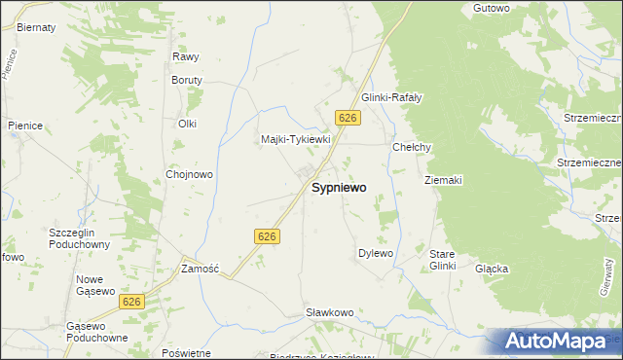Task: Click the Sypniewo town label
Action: [x=339, y=189]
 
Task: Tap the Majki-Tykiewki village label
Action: [x=297, y=139]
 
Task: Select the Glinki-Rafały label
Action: [x=391, y=97]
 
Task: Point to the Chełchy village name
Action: [x=411, y=147]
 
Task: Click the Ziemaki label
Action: [x=443, y=180]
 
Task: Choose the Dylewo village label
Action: [x=376, y=253]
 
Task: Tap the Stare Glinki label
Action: [x=443, y=260]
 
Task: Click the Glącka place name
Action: [x=492, y=268]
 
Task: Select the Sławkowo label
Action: [x=329, y=312]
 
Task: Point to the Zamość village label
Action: [x=201, y=268]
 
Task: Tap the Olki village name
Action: [x=187, y=124]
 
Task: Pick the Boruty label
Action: [x=187, y=80]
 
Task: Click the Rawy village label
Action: [x=185, y=57]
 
